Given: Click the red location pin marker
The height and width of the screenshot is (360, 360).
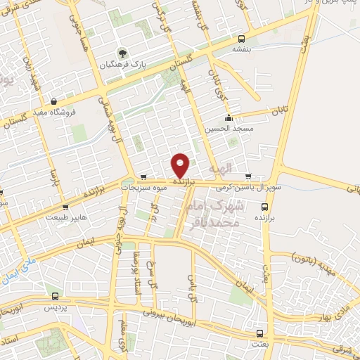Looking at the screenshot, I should pyautogui.click(x=181, y=166).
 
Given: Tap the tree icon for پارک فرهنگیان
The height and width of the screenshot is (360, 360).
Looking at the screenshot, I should pyautogui.click(x=122, y=53).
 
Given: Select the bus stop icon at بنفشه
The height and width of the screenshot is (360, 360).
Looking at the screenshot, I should pyautogui.click(x=242, y=39).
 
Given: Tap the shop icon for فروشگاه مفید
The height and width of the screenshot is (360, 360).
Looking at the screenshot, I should pyautogui.click(x=53, y=100).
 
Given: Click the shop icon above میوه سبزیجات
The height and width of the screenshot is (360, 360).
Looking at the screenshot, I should pyautogui.click(x=143, y=177).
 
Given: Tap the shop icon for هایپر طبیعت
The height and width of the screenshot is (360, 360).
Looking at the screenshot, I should pyautogui.click(x=65, y=207).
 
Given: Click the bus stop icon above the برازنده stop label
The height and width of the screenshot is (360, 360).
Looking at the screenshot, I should pyautogui.click(x=264, y=207).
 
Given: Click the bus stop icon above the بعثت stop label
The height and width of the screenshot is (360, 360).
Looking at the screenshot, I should pyautogui.click(x=259, y=333).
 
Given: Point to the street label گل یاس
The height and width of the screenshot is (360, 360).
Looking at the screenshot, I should pyautogui.click(x=190, y=284).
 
